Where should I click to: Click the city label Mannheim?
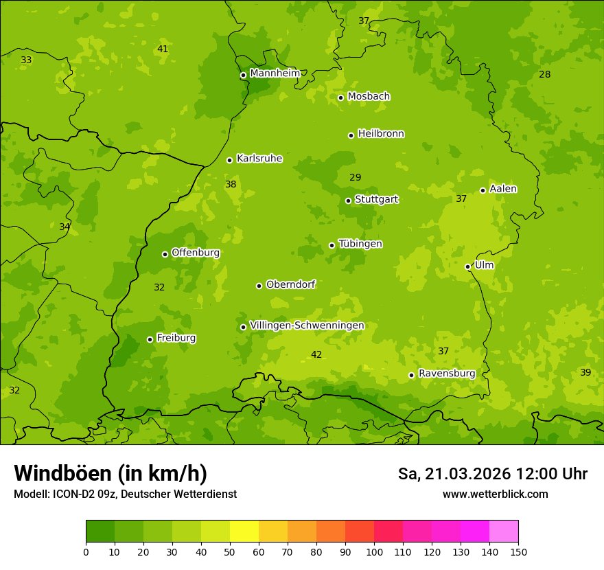pos(275,73)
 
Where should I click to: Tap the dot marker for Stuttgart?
pos(348,201)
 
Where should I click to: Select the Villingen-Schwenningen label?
pos(307,326)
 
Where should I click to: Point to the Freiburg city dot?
pos(150,339)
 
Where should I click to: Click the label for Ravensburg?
pos(447,374)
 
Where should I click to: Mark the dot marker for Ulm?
pos(467,266)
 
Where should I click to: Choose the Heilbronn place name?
pos(381,134)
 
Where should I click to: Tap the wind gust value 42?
pos(316,355)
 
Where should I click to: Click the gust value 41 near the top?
pos(163,49)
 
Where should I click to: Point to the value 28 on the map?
pos(545,74)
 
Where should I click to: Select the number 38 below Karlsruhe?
pos(231,185)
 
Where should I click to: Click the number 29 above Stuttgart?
pos(355,178)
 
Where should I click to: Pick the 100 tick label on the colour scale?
pos(374,551)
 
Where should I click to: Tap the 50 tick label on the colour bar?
pos(230,551)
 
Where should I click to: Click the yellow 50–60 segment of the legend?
pos(244,532)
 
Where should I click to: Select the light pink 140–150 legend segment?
pos(504,532)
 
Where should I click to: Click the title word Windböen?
pos(63,473)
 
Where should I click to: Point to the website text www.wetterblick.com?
pos(495,494)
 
